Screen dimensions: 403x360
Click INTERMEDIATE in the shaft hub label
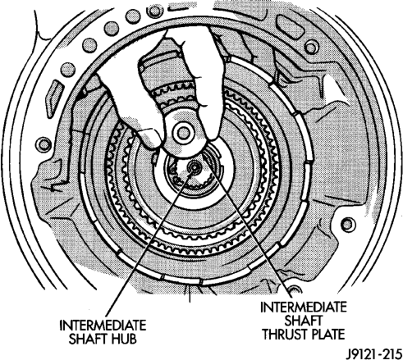pyautogui.click(x=103, y=326)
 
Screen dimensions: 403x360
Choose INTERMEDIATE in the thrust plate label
pyautogui.click(x=304, y=307)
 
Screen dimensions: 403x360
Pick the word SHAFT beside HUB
pyautogui.click(x=88, y=339)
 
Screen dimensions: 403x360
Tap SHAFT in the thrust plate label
pyautogui.click(x=303, y=321)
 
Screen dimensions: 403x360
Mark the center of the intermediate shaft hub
pyautogui.click(x=195, y=166)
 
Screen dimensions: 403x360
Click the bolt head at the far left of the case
pyautogui.click(x=44, y=144)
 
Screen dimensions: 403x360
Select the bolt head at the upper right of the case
pyautogui.click(x=311, y=48)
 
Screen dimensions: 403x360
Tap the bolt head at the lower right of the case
pyautogui.click(x=347, y=225)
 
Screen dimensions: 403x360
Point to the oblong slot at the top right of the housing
pyautogui.click(x=291, y=25)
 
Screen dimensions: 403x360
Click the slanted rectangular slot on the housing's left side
pyautogui.click(x=54, y=99)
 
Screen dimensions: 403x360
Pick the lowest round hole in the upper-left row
pyautogui.click(x=68, y=70)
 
